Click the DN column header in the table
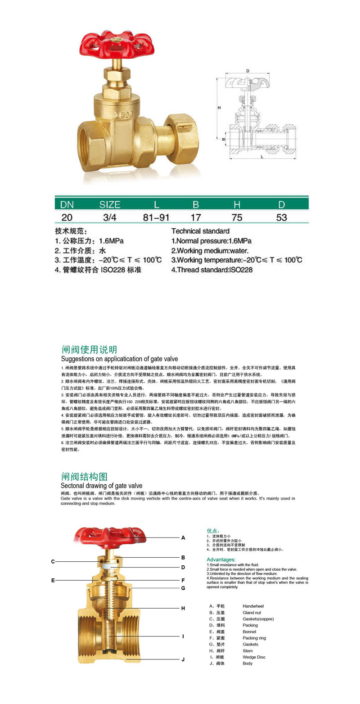coord(67,205)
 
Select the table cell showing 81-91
coord(156,217)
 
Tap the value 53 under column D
coord(282,217)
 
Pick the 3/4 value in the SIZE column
coord(109,217)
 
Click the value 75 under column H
coord(237,217)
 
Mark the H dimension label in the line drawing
coord(219,108)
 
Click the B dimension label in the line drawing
coord(223,139)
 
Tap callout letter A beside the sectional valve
coord(183,537)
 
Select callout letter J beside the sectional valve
coord(183,659)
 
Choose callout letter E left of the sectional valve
coord(53,580)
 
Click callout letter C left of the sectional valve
coord(53,561)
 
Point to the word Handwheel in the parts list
coord(253,606)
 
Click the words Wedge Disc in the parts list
coord(254,657)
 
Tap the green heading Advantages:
coord(221,560)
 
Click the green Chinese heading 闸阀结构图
coord(84,477)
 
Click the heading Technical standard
coord(200,231)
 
